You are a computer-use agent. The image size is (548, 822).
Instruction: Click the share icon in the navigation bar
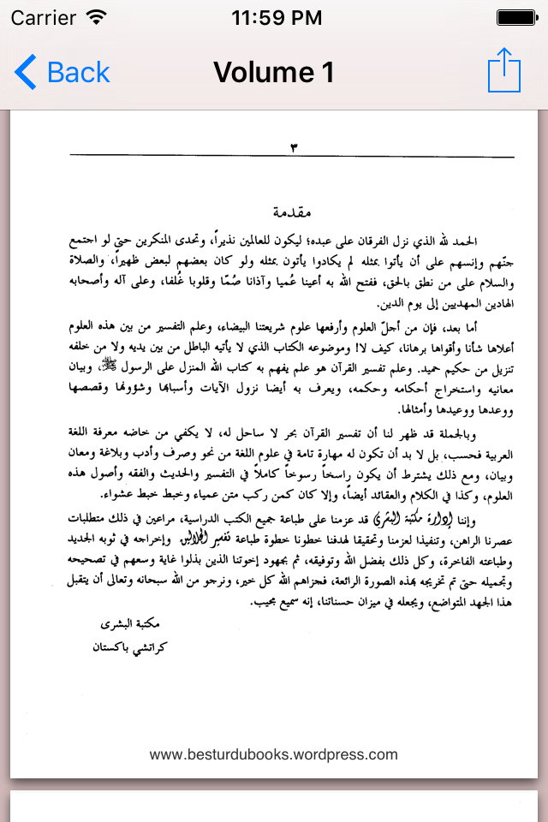tap(503, 70)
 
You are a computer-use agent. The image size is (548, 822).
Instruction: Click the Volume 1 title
tap(274, 73)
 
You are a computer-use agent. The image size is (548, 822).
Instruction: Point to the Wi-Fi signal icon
tap(97, 16)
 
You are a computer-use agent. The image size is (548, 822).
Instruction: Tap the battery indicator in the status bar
tap(514, 16)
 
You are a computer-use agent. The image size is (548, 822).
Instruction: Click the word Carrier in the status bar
tap(43, 16)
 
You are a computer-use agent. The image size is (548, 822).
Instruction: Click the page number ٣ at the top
tap(293, 147)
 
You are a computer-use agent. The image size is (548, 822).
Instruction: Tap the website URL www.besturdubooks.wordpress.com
tap(274, 754)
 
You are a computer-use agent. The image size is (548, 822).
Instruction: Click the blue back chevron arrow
tap(26, 73)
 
